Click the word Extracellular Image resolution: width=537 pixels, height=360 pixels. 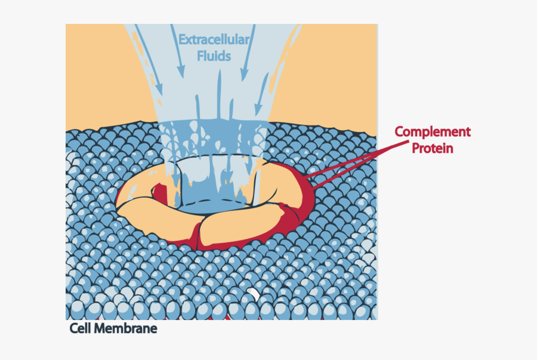[214, 40]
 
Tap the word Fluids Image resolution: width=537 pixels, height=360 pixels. [214, 56]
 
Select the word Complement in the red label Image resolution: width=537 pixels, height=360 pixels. [433, 132]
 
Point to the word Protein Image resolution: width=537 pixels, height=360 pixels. [432, 148]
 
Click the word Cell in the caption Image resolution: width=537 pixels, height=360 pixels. [81, 328]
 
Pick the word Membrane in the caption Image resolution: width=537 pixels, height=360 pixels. [126, 328]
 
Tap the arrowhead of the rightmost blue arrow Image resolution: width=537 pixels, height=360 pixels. [258, 110]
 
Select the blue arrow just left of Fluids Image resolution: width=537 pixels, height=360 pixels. [178, 51]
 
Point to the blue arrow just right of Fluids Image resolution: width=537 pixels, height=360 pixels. [248, 53]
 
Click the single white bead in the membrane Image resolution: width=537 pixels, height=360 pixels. [254, 294]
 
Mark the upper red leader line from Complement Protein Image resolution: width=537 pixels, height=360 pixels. [357, 159]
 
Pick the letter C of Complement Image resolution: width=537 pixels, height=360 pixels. [399, 131]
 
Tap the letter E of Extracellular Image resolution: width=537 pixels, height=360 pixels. [182, 40]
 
